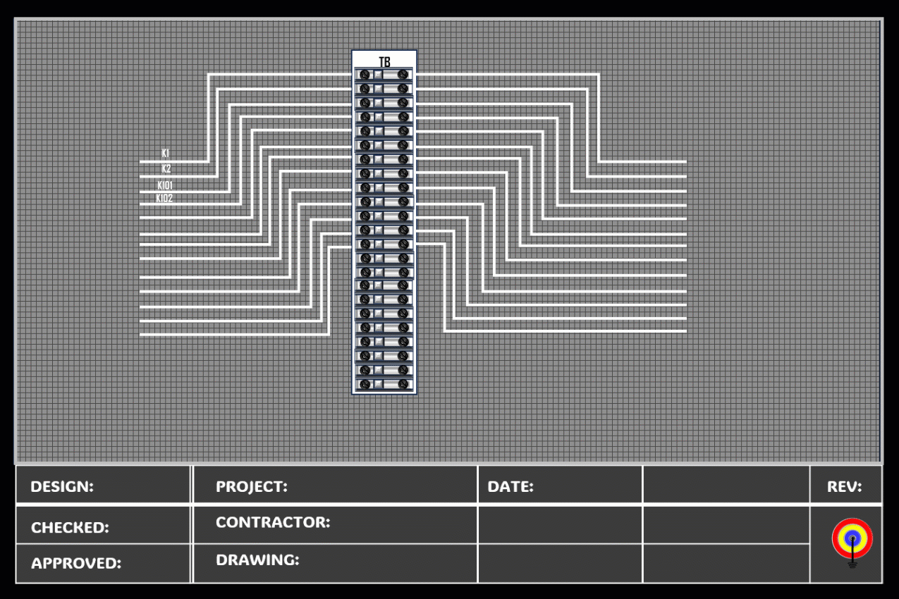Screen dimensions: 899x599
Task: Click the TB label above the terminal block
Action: pos(384,62)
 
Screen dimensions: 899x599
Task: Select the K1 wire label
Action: pos(166,153)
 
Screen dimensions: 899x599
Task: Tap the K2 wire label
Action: pos(166,169)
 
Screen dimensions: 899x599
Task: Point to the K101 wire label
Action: pos(165,185)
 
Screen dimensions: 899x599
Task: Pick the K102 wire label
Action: pos(165,199)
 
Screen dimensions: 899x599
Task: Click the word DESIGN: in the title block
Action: pos(62,486)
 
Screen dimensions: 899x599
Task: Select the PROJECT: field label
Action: pos(251,486)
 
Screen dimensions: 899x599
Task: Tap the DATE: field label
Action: pos(510,486)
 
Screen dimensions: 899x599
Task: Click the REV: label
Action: pos(844,486)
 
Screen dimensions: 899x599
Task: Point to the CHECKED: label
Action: pos(70,528)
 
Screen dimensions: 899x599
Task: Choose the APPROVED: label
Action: pos(76,563)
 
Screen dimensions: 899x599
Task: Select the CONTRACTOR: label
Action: pos(273,522)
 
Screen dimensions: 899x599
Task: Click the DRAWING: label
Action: pos(257,560)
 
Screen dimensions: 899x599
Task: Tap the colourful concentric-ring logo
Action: pos(852,538)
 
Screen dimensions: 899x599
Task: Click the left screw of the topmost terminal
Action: pos(365,74)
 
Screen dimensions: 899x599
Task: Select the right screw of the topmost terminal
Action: pos(403,74)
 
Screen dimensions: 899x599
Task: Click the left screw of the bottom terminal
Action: pos(365,384)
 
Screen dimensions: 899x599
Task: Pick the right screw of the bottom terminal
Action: pos(403,384)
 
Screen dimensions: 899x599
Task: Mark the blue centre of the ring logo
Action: pos(852,538)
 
